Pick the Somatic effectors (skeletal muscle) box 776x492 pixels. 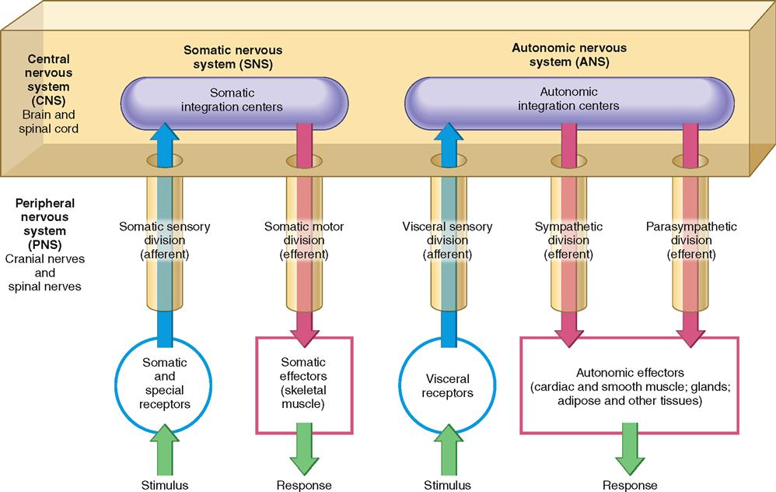303,383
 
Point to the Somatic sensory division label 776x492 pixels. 165,241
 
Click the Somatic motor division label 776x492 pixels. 304,241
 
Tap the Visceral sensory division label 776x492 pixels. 447,241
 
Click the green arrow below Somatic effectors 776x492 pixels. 304,452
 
